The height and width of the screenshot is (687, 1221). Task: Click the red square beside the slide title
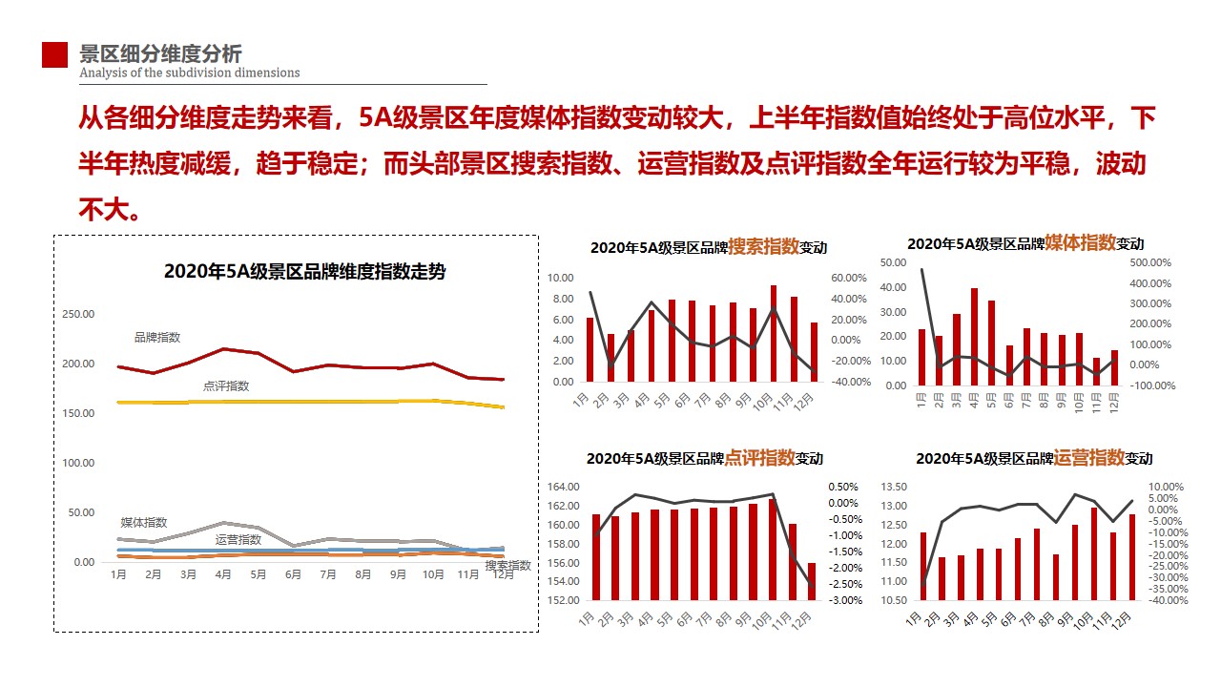(54, 55)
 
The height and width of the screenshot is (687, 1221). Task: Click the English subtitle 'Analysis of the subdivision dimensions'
(190, 73)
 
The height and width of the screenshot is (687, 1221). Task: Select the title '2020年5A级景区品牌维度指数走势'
(304, 271)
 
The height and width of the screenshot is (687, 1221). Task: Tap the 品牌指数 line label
(157, 338)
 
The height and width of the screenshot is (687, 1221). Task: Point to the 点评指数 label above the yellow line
(226, 386)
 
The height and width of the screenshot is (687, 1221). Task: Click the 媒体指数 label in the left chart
(143, 523)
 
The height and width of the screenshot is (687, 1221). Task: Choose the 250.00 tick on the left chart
(77, 314)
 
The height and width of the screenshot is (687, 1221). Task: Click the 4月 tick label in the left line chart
(223, 575)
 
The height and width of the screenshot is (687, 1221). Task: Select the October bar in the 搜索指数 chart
(773, 333)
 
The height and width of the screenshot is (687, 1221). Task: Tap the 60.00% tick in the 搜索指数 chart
(848, 278)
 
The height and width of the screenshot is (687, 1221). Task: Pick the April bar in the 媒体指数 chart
(974, 336)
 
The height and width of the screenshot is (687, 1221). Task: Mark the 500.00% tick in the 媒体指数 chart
(1149, 262)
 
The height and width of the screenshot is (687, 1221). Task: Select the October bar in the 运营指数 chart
(1093, 553)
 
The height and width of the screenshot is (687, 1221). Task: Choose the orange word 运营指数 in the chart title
(1089, 457)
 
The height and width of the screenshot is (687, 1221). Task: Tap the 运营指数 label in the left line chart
(238, 540)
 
